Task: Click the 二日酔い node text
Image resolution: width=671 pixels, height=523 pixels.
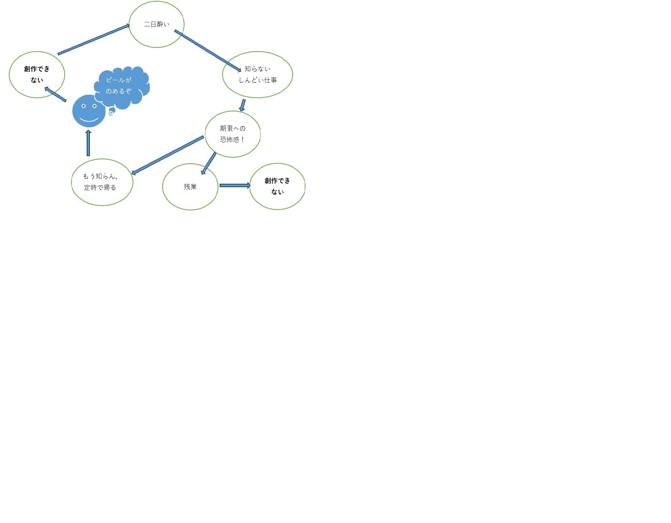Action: tap(157, 24)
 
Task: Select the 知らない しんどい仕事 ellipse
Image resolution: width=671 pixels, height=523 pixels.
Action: tap(258, 75)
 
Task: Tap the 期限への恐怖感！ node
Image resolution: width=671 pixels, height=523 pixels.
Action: tap(232, 134)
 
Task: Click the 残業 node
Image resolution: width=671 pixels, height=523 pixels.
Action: tap(190, 186)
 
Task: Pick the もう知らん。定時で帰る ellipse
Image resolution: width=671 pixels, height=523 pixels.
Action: tap(102, 182)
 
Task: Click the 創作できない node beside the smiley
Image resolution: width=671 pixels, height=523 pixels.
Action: tap(37, 75)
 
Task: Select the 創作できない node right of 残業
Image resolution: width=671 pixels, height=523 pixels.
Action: tap(277, 186)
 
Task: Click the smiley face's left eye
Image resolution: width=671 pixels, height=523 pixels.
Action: tap(83, 106)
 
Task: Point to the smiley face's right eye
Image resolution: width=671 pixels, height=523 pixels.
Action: tap(95, 106)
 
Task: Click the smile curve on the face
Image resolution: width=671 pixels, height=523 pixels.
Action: tap(89, 120)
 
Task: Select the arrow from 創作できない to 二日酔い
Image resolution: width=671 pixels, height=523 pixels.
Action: tap(94, 40)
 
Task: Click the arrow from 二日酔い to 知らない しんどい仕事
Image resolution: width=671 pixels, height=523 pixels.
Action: tap(208, 51)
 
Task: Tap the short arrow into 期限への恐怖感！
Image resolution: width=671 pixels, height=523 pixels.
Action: tap(242, 105)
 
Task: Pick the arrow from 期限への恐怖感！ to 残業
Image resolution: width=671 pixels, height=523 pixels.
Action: tap(209, 163)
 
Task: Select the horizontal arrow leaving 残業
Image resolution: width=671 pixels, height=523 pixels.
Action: tap(235, 185)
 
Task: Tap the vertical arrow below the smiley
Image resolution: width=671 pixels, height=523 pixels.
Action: tap(88, 143)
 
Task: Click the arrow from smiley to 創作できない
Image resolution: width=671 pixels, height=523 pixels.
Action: tap(56, 95)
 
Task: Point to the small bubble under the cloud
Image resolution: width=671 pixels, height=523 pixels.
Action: tap(112, 110)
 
